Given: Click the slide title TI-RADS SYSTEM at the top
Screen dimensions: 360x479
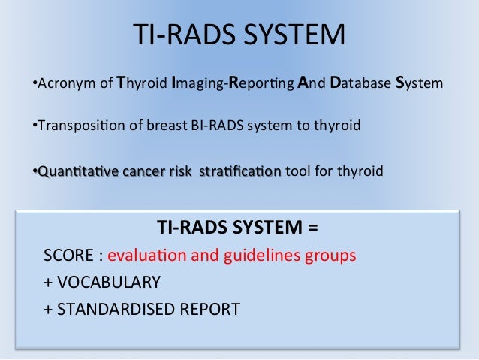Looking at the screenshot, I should click(239, 35).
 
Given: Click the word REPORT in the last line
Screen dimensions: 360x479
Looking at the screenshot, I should click(212, 309).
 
